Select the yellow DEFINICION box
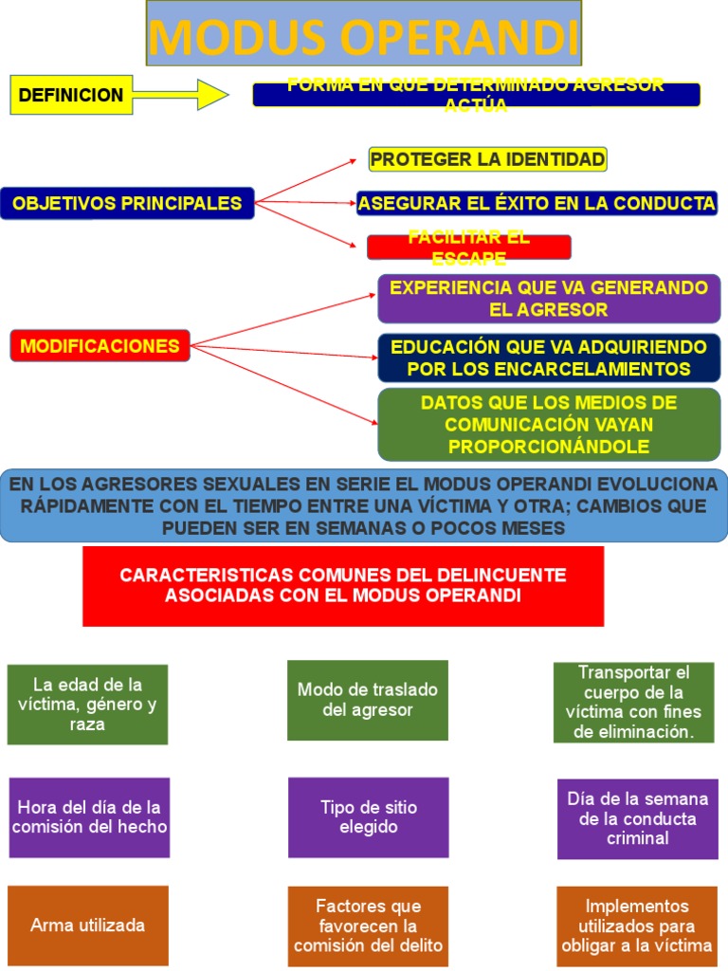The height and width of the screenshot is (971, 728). point(71,95)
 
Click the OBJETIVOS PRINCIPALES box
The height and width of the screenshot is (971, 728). point(127,203)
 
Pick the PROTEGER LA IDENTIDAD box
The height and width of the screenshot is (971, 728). point(487,159)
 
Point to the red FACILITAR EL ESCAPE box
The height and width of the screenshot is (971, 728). point(468,247)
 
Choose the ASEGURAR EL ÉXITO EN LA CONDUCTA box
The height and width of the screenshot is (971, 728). point(537,203)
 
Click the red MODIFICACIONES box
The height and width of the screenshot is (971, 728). point(100,346)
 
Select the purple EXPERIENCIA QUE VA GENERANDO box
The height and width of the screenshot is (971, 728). point(549,298)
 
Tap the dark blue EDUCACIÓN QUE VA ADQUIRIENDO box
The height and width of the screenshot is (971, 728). point(549,357)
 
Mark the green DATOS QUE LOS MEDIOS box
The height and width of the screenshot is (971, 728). point(549,424)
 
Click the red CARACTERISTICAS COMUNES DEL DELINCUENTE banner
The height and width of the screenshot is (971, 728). point(342,586)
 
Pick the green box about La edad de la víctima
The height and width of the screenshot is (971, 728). point(87,705)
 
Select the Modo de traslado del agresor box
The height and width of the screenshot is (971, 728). point(368,700)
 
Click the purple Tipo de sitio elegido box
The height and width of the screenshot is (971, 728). point(368,817)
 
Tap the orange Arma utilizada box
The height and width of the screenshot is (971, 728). point(87,925)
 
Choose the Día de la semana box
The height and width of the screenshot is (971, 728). point(637,818)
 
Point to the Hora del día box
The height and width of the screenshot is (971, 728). point(89,817)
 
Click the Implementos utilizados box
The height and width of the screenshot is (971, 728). point(637,925)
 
